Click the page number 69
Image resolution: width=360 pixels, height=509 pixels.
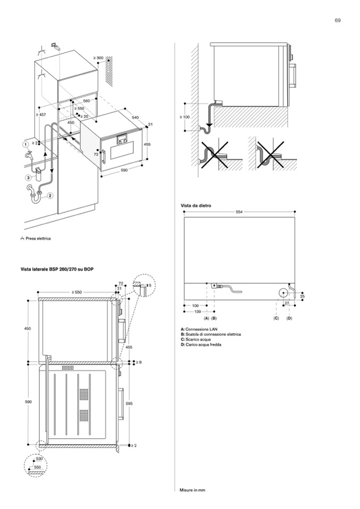click(337, 20)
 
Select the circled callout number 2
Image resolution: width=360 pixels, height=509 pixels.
click(50, 195)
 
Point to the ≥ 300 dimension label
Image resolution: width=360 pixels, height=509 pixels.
click(98, 57)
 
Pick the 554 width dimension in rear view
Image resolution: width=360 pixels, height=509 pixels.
click(240, 212)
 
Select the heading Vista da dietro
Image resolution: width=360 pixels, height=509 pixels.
click(193, 205)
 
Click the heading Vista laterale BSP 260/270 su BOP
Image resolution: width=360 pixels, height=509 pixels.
click(58, 270)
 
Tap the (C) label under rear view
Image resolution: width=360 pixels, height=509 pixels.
click(276, 317)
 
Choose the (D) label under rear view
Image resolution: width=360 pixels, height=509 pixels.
click(289, 317)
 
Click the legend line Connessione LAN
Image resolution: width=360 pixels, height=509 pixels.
click(202, 330)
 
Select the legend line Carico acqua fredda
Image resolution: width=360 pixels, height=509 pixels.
click(201, 345)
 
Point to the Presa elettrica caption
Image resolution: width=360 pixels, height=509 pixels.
click(37, 238)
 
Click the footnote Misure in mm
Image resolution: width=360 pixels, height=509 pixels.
click(192, 490)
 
